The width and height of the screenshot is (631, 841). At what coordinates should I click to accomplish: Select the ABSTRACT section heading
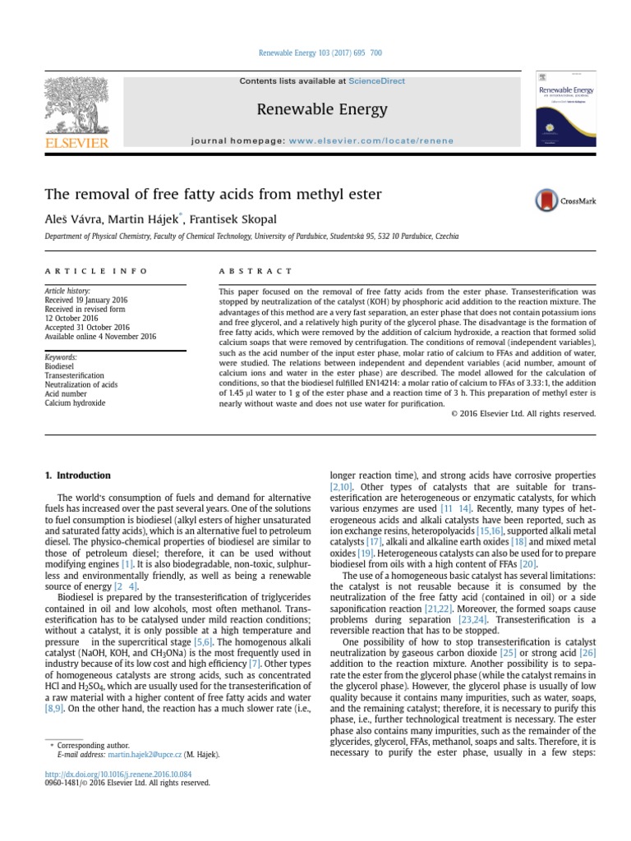click(256, 271)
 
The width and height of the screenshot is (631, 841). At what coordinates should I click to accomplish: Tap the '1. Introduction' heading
click(76, 476)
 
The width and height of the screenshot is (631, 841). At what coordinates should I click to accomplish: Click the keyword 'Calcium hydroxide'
click(75, 403)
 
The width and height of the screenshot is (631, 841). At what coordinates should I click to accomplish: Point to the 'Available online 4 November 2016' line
click(99, 337)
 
